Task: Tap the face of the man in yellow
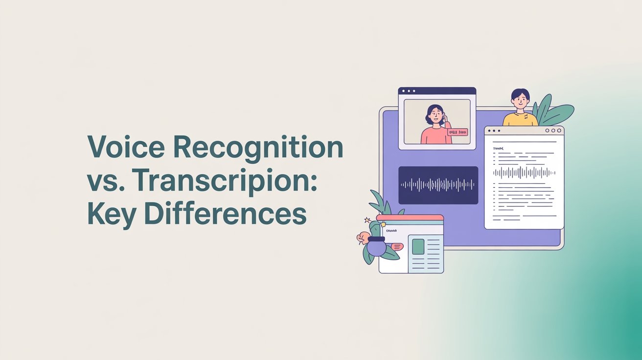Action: (520, 100)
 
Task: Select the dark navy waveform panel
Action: (438, 185)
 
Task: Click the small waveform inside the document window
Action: (524, 172)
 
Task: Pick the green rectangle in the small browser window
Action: (418, 247)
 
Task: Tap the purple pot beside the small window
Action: (376, 246)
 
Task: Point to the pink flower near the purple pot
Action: (363, 238)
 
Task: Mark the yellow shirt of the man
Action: (520, 119)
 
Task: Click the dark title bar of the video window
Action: (437, 91)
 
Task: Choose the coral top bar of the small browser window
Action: (410, 217)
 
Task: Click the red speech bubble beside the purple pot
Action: (396, 247)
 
